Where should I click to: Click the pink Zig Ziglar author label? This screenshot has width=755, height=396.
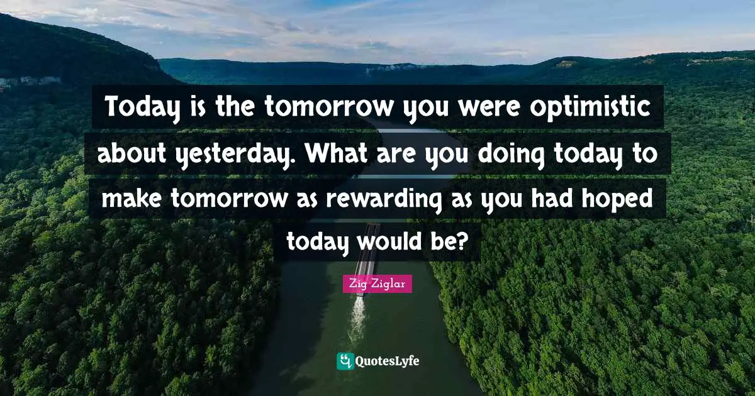pyautogui.click(x=377, y=284)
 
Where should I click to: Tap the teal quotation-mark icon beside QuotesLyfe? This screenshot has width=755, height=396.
pyautogui.click(x=345, y=361)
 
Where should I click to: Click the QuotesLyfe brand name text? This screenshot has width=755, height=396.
pyautogui.click(x=388, y=361)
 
